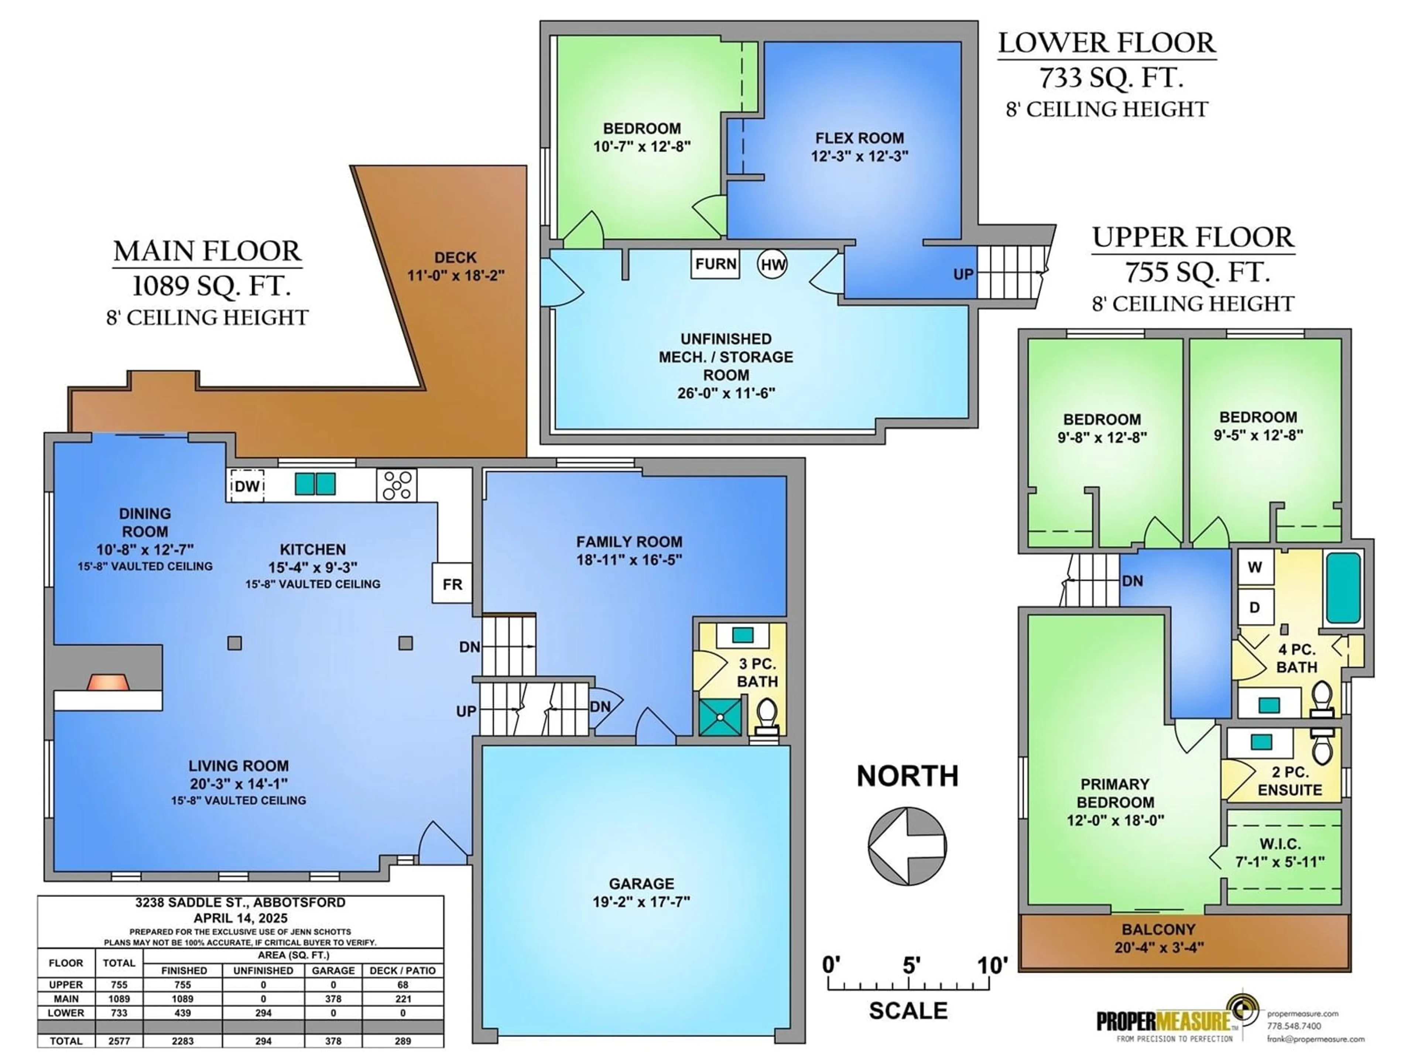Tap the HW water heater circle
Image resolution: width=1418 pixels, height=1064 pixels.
tap(773, 264)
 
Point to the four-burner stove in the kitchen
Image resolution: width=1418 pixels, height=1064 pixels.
tap(397, 485)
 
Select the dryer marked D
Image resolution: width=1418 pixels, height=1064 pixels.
tap(1254, 607)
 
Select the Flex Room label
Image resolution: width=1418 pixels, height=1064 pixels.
tap(860, 138)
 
